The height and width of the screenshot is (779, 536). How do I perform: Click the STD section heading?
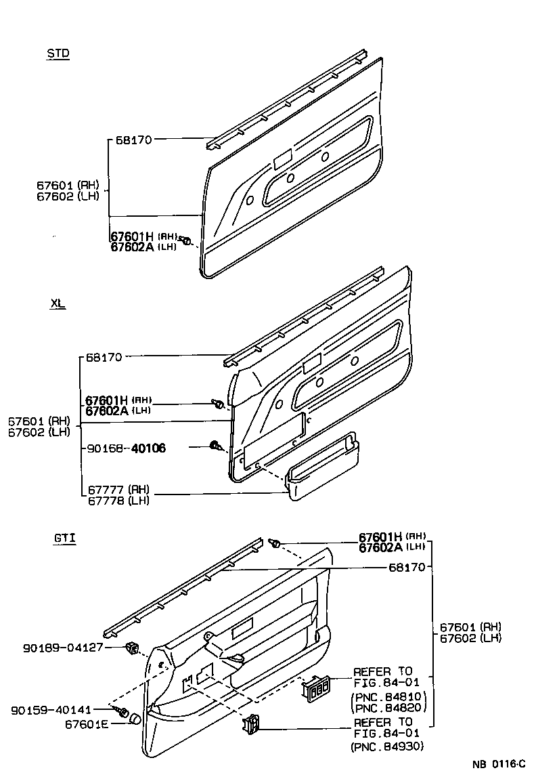pos(58,54)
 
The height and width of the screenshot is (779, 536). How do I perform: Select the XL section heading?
pos(58,303)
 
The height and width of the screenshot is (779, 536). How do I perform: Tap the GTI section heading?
pos(64,539)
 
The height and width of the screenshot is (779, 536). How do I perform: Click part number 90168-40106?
pos(127,448)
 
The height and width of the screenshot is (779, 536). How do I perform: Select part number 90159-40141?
pos(60,710)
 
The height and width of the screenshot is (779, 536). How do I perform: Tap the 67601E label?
pos(87,723)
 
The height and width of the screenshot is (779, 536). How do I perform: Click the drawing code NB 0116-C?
pos(498,764)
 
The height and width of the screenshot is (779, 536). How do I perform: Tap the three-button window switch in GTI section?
pos(317,688)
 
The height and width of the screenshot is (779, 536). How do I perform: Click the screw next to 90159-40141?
pos(124,711)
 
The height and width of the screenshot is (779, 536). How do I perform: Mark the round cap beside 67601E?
pos(135,719)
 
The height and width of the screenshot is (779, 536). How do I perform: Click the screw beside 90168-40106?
pos(217,446)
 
